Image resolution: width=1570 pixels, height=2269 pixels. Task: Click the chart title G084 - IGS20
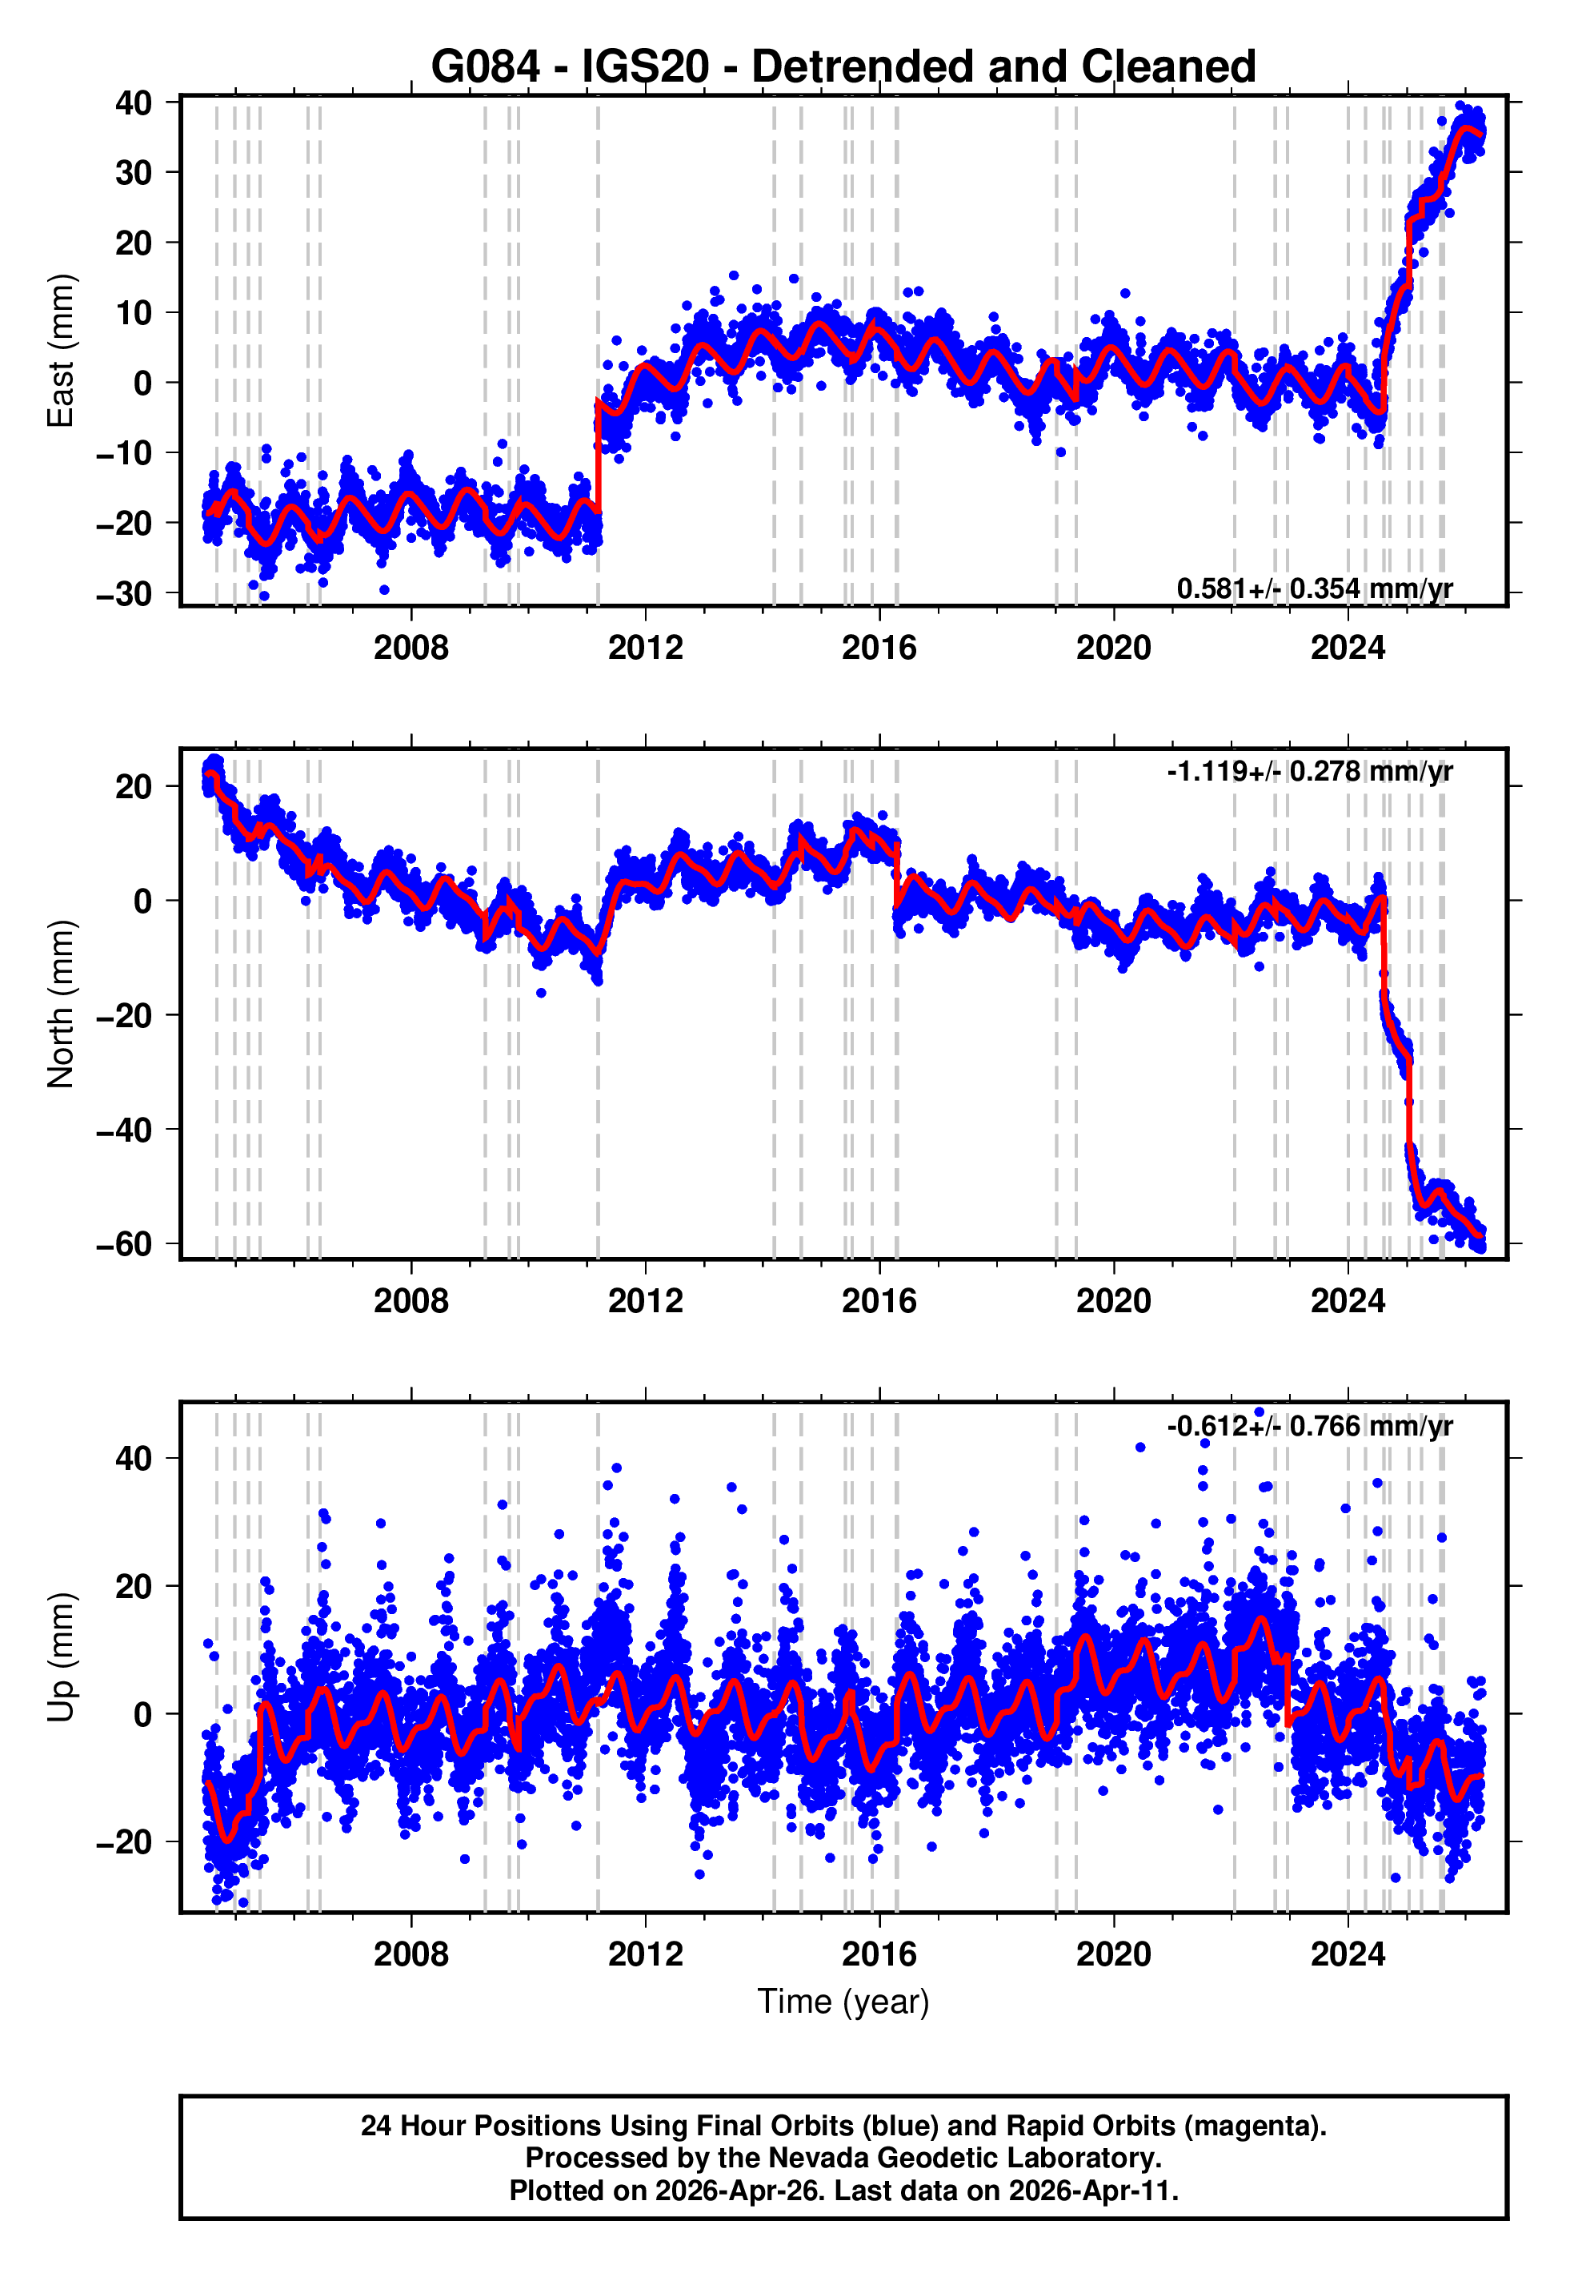[x=843, y=67]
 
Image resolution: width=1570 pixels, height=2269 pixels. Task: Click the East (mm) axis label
[x=61, y=351]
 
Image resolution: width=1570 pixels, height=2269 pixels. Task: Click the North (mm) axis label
[x=61, y=1004]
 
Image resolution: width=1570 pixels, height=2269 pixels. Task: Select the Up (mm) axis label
[x=61, y=1657]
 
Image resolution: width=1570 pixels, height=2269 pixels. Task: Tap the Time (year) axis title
[x=843, y=2002]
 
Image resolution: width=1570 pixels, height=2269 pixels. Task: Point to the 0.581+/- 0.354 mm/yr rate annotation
[x=1314, y=588]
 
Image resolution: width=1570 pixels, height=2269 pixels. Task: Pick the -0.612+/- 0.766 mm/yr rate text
[x=1309, y=1426]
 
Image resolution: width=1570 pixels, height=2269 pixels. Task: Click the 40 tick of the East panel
[x=134, y=102]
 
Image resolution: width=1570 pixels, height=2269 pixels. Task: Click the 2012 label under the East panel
[x=644, y=648]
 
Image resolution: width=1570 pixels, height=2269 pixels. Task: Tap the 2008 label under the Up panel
[x=411, y=1954]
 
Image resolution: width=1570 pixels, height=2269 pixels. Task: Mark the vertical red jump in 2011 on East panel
[x=598, y=457]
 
